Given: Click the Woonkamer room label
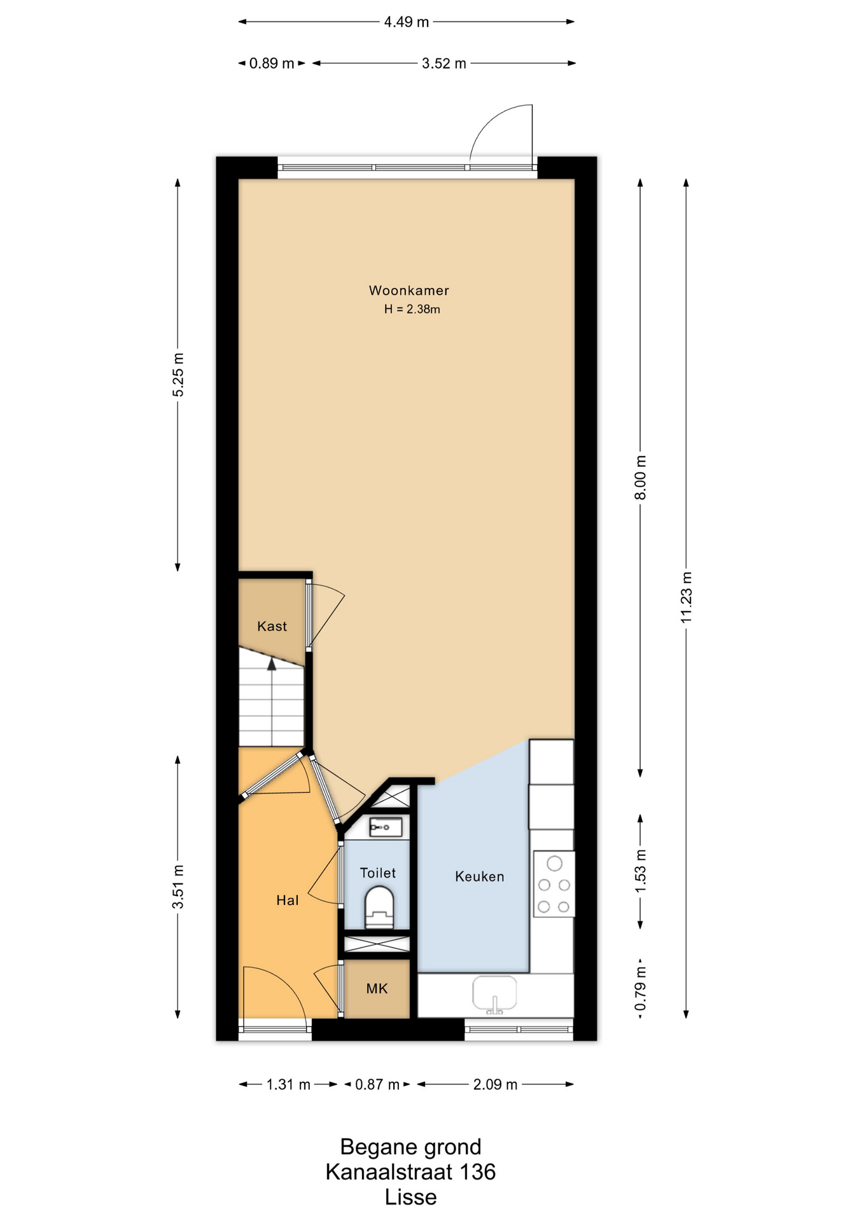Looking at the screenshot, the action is coord(409,291).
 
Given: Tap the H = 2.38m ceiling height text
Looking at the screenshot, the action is coord(412,310).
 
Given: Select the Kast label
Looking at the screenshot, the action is coord(272,626).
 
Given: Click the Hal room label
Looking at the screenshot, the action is coord(288,900).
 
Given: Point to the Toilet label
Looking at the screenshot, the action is coord(378,873).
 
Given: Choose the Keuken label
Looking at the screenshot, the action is coord(480,876).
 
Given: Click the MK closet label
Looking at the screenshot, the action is coord(377,989).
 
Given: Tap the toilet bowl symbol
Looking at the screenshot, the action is coord(380,907).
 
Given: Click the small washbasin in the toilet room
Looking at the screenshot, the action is coord(386,827).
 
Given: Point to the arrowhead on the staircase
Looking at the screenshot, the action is coord(272,665).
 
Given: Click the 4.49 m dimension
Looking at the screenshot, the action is coord(407,22).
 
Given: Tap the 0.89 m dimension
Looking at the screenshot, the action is coord(272,64).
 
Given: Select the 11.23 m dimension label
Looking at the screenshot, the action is coord(686,597).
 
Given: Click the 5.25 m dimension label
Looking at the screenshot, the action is coord(178,375).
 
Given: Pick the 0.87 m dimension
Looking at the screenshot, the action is coord(377,1084).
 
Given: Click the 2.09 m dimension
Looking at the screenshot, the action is coord(495,1084).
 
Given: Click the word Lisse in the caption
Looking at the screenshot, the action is coord(410,1197).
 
